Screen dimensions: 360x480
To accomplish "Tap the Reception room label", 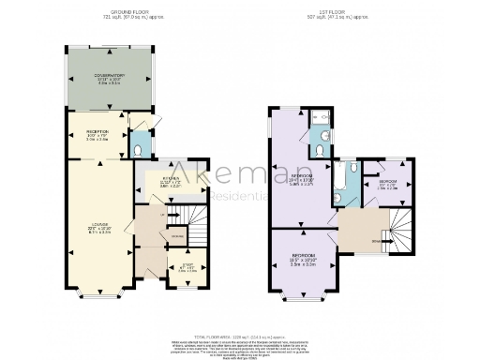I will [x=97, y=132].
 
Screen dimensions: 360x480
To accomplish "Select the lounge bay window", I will [x=98, y=297].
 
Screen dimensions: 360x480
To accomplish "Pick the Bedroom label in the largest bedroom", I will [x=301, y=176].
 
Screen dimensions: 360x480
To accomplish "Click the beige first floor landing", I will [x=361, y=230].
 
